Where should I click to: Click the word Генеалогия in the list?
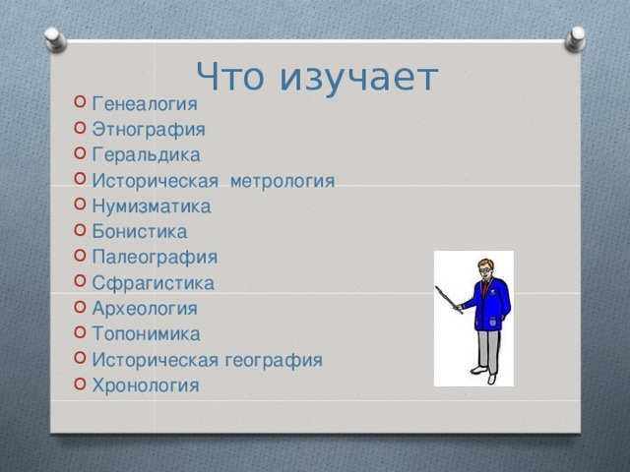(144, 103)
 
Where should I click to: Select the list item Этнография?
(148, 129)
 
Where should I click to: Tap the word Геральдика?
(145, 154)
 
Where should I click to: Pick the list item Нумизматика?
(151, 206)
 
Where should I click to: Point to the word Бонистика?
(139, 232)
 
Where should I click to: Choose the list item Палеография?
(154, 258)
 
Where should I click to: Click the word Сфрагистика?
(152, 283)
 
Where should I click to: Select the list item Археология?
(144, 309)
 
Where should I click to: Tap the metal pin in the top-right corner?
(575, 38)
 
